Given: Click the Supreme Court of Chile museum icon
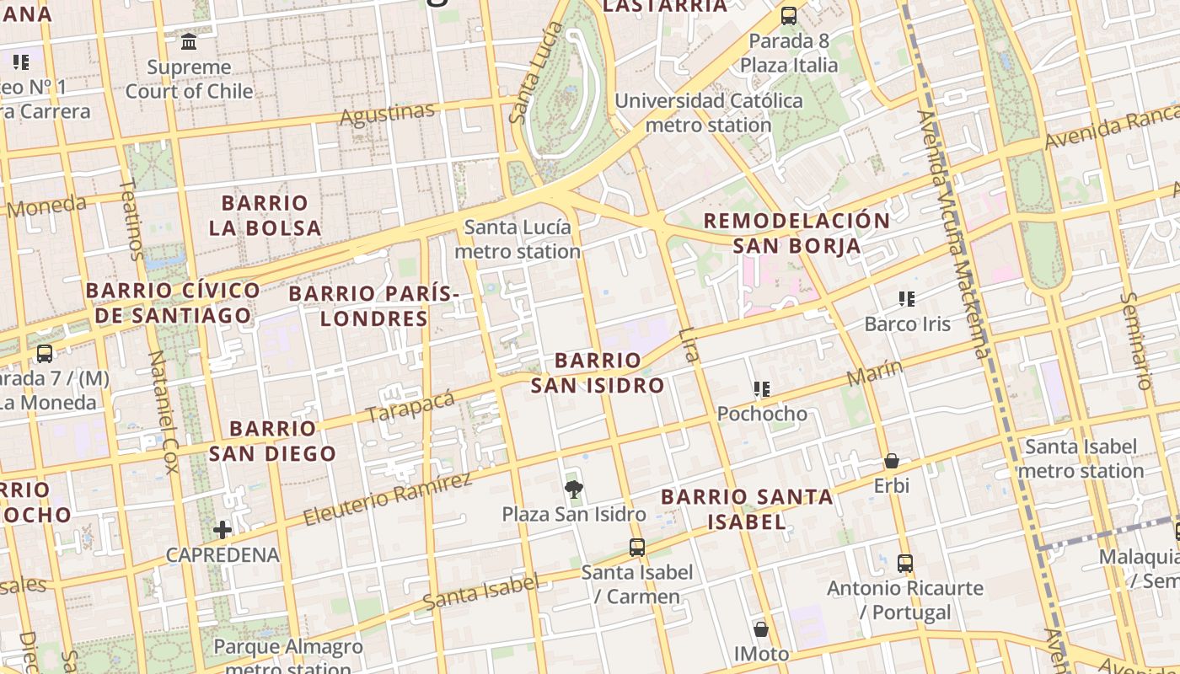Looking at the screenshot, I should pyautogui.click(x=189, y=41).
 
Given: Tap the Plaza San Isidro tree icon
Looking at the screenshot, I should pyautogui.click(x=574, y=489).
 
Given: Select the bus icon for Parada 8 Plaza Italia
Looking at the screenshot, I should pyautogui.click(x=789, y=15).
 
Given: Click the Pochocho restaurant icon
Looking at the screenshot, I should pyautogui.click(x=762, y=388).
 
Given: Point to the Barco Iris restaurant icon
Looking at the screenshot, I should pyautogui.click(x=907, y=298).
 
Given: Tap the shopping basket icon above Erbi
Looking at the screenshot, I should pyautogui.click(x=892, y=461).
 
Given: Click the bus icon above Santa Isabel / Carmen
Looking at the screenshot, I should pyautogui.click(x=637, y=547).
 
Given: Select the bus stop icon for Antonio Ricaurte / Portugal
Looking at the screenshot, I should pyautogui.click(x=905, y=563).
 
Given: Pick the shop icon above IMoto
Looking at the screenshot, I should pyautogui.click(x=761, y=629).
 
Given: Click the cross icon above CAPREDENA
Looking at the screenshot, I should pyautogui.click(x=223, y=529).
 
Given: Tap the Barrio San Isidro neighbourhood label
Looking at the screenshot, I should pyautogui.click(x=598, y=373).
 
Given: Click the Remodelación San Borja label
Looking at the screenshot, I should pyautogui.click(x=796, y=233).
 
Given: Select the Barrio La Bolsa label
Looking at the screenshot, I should pyautogui.click(x=265, y=215).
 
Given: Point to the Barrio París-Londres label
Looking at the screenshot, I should pyautogui.click(x=374, y=306).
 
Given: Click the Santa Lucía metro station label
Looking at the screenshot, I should pyautogui.click(x=518, y=239).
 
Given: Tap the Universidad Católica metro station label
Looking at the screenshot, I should pyautogui.click(x=709, y=113).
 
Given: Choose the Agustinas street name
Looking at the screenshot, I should pyautogui.click(x=388, y=113).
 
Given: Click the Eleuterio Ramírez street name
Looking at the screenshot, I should pyautogui.click(x=387, y=499).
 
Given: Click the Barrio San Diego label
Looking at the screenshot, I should pyautogui.click(x=272, y=441).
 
